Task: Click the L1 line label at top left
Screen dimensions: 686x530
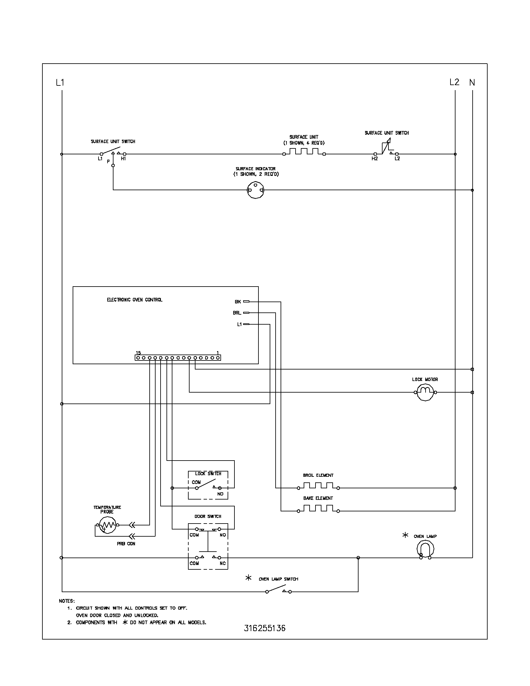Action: (x=60, y=83)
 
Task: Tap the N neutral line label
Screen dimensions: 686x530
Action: (x=472, y=83)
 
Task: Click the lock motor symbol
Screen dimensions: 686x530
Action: (x=425, y=392)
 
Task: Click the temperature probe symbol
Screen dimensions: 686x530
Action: (x=107, y=525)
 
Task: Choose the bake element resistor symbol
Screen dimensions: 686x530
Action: (x=318, y=509)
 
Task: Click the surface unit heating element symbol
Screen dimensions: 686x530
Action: (x=304, y=152)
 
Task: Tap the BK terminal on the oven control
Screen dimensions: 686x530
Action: (x=246, y=302)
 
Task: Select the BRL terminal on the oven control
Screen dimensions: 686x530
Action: (x=246, y=313)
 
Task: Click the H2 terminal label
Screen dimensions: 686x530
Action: (x=374, y=159)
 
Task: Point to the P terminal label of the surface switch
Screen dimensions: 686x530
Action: (x=108, y=162)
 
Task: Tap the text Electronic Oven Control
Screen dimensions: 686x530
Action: (x=135, y=300)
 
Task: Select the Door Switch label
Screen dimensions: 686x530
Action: (x=208, y=516)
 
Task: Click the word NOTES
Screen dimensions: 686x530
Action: (x=67, y=601)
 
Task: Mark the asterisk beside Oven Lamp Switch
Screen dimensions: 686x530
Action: (x=248, y=577)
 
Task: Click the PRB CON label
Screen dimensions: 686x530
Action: (x=126, y=544)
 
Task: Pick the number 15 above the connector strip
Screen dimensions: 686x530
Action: (x=138, y=353)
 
